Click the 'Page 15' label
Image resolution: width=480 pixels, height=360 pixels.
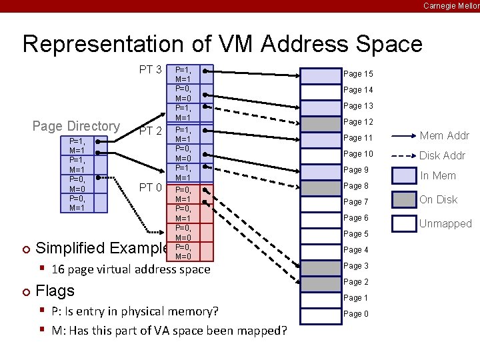coord(358,74)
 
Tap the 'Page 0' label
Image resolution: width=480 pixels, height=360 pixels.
coord(356,314)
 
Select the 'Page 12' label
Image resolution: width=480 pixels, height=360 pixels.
coord(358,122)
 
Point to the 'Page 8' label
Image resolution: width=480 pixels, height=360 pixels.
coord(356,186)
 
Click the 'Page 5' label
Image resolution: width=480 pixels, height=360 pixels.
coord(356,234)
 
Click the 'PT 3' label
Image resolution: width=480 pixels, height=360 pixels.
coord(151,69)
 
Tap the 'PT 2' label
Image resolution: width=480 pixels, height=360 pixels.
coord(151,131)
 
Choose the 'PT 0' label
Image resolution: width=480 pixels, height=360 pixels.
coord(151,188)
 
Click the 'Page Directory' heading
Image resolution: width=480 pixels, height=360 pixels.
coord(76,126)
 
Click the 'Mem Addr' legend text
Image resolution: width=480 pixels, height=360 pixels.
coord(445,136)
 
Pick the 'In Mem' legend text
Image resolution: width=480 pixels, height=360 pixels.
coord(438,176)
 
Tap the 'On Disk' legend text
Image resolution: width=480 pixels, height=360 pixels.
coord(439,199)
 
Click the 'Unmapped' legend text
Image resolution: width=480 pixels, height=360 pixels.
coord(445,223)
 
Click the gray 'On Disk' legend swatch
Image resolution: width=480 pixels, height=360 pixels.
coord(404,199)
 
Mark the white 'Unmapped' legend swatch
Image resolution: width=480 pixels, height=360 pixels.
coord(404,223)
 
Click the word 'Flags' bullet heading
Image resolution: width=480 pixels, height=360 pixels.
coord(55,291)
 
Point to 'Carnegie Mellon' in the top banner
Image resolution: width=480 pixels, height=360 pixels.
coord(451,5)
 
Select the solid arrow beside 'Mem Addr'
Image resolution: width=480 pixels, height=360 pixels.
coord(403,136)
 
